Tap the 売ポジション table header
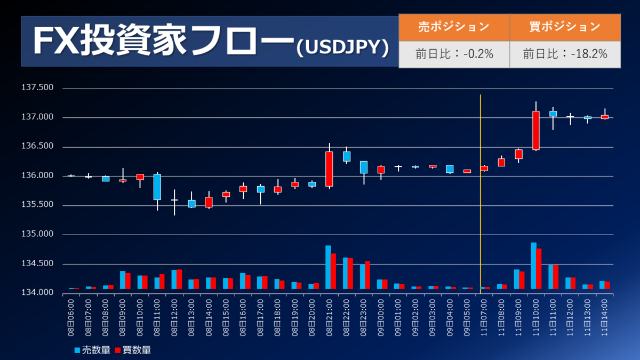453,27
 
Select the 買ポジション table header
565,27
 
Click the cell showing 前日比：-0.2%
453,54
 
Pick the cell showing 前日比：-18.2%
565,54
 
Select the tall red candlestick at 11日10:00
536,131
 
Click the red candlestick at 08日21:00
330,169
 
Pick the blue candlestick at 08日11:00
157,187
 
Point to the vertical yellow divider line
481,192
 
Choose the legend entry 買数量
133,350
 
